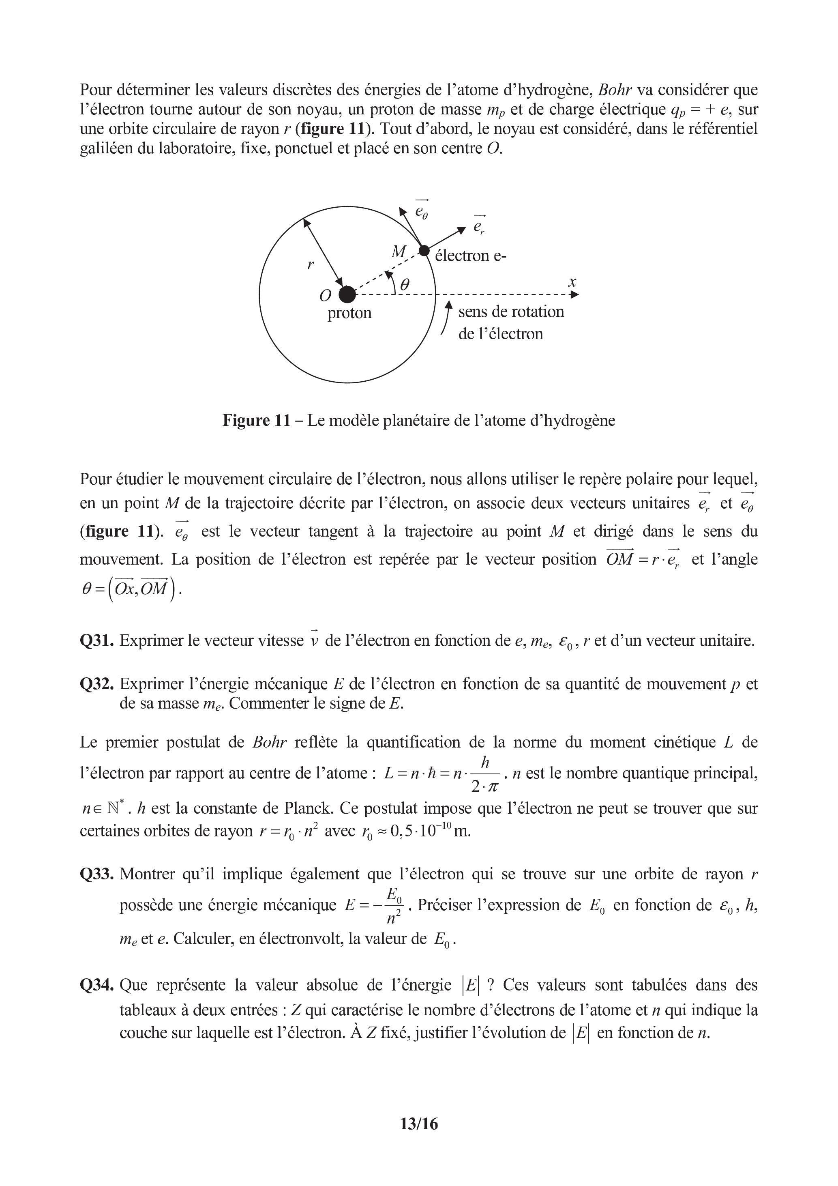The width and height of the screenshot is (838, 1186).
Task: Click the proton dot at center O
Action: point(347,294)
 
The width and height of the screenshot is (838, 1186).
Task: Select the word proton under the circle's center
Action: point(349,313)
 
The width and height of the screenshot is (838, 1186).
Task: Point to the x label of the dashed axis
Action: point(572,282)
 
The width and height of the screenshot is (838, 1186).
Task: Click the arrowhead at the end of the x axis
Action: point(574,294)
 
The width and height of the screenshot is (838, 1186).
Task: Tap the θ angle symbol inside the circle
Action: point(405,284)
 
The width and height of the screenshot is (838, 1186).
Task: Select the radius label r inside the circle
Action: point(310,265)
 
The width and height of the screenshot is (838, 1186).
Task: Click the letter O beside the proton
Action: point(325,295)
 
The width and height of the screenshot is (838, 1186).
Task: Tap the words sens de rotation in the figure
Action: point(511,312)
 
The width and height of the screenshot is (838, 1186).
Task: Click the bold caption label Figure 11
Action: point(257,421)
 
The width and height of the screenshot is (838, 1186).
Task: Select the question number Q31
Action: point(96,640)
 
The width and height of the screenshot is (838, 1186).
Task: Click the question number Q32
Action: point(96,684)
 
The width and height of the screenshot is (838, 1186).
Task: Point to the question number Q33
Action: point(96,874)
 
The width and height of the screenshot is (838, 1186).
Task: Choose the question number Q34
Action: point(96,985)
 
